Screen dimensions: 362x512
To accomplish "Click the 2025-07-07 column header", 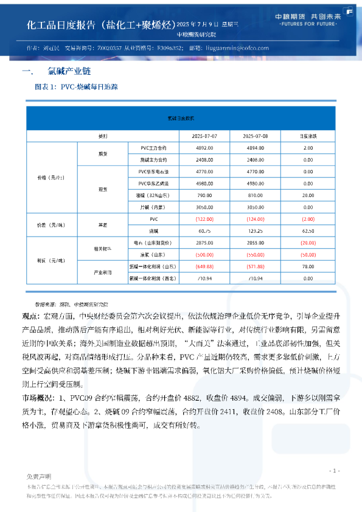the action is click(204, 136).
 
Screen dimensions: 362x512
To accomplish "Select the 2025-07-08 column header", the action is click(256, 136).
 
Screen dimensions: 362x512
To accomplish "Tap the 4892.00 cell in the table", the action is click(204, 148).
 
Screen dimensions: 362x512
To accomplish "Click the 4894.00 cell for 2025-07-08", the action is click(256, 148).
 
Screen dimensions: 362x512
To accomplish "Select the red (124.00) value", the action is click(256, 219).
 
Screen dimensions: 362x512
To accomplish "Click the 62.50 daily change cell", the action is click(308, 231).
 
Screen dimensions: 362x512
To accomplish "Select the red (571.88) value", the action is click(256, 266).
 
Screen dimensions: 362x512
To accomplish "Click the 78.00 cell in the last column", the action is click(308, 266).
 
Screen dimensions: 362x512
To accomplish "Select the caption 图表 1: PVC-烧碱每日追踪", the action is click(77, 87).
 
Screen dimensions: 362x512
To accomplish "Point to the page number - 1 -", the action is click(334, 471).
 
